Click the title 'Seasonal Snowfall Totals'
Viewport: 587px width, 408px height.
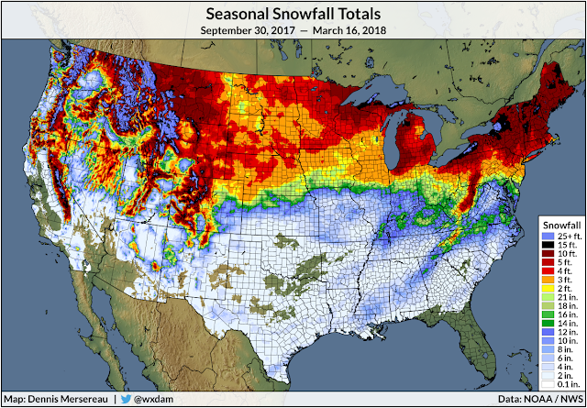pos(293,14)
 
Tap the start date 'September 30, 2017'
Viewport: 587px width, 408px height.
pos(247,31)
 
